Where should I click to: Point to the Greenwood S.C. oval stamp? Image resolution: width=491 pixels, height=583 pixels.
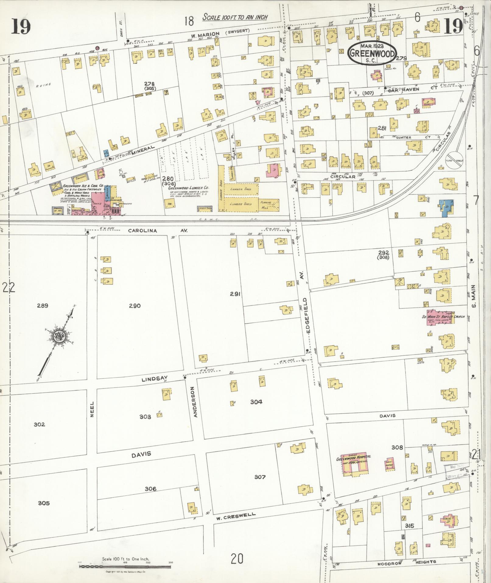coord(373,53)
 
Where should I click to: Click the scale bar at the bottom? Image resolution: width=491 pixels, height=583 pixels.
coord(125,566)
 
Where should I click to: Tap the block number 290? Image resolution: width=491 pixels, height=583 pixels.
coord(135,306)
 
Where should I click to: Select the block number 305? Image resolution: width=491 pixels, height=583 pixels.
coord(44,503)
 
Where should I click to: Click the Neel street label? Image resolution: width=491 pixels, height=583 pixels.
coord(92,409)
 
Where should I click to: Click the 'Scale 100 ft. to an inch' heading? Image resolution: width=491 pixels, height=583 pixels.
coord(235,17)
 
